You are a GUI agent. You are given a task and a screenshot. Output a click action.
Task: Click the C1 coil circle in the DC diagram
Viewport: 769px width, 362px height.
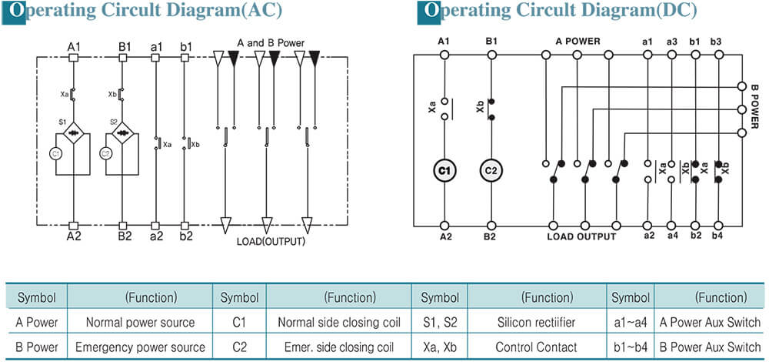[x=445, y=170]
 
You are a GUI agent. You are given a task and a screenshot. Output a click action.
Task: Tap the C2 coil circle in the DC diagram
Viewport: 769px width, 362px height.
[x=490, y=170]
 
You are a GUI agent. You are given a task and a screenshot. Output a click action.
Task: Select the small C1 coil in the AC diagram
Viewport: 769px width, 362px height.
[x=55, y=154]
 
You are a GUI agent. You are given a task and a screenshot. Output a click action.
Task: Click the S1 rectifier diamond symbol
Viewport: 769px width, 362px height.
[x=75, y=132]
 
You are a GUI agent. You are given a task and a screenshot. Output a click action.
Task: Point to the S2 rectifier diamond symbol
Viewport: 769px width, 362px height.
[x=123, y=132]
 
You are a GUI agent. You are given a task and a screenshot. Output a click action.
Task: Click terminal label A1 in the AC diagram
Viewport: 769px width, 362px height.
[x=74, y=47]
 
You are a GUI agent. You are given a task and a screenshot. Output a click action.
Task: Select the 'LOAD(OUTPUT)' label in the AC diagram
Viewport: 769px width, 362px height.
[x=271, y=242]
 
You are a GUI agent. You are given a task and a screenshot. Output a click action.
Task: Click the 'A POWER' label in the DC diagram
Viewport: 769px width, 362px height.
[x=578, y=41]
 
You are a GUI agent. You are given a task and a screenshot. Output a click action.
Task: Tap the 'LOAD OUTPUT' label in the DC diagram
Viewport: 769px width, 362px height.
[x=581, y=236]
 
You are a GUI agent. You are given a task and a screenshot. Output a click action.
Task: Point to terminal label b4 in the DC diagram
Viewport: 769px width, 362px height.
[x=717, y=236]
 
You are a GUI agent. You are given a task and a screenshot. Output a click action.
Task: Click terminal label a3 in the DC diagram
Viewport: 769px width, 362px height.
[x=672, y=41]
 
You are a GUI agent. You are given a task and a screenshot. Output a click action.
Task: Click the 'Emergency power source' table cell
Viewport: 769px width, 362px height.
[x=140, y=347]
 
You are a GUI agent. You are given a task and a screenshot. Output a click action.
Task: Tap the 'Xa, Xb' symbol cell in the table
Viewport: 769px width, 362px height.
[x=440, y=347]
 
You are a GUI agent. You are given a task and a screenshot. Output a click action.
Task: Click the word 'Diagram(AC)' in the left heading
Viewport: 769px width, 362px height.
[x=228, y=11]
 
